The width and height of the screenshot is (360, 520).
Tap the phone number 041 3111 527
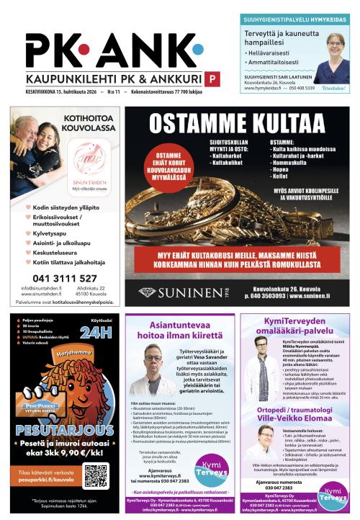66,277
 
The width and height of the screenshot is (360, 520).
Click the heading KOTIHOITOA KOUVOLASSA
89,123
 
